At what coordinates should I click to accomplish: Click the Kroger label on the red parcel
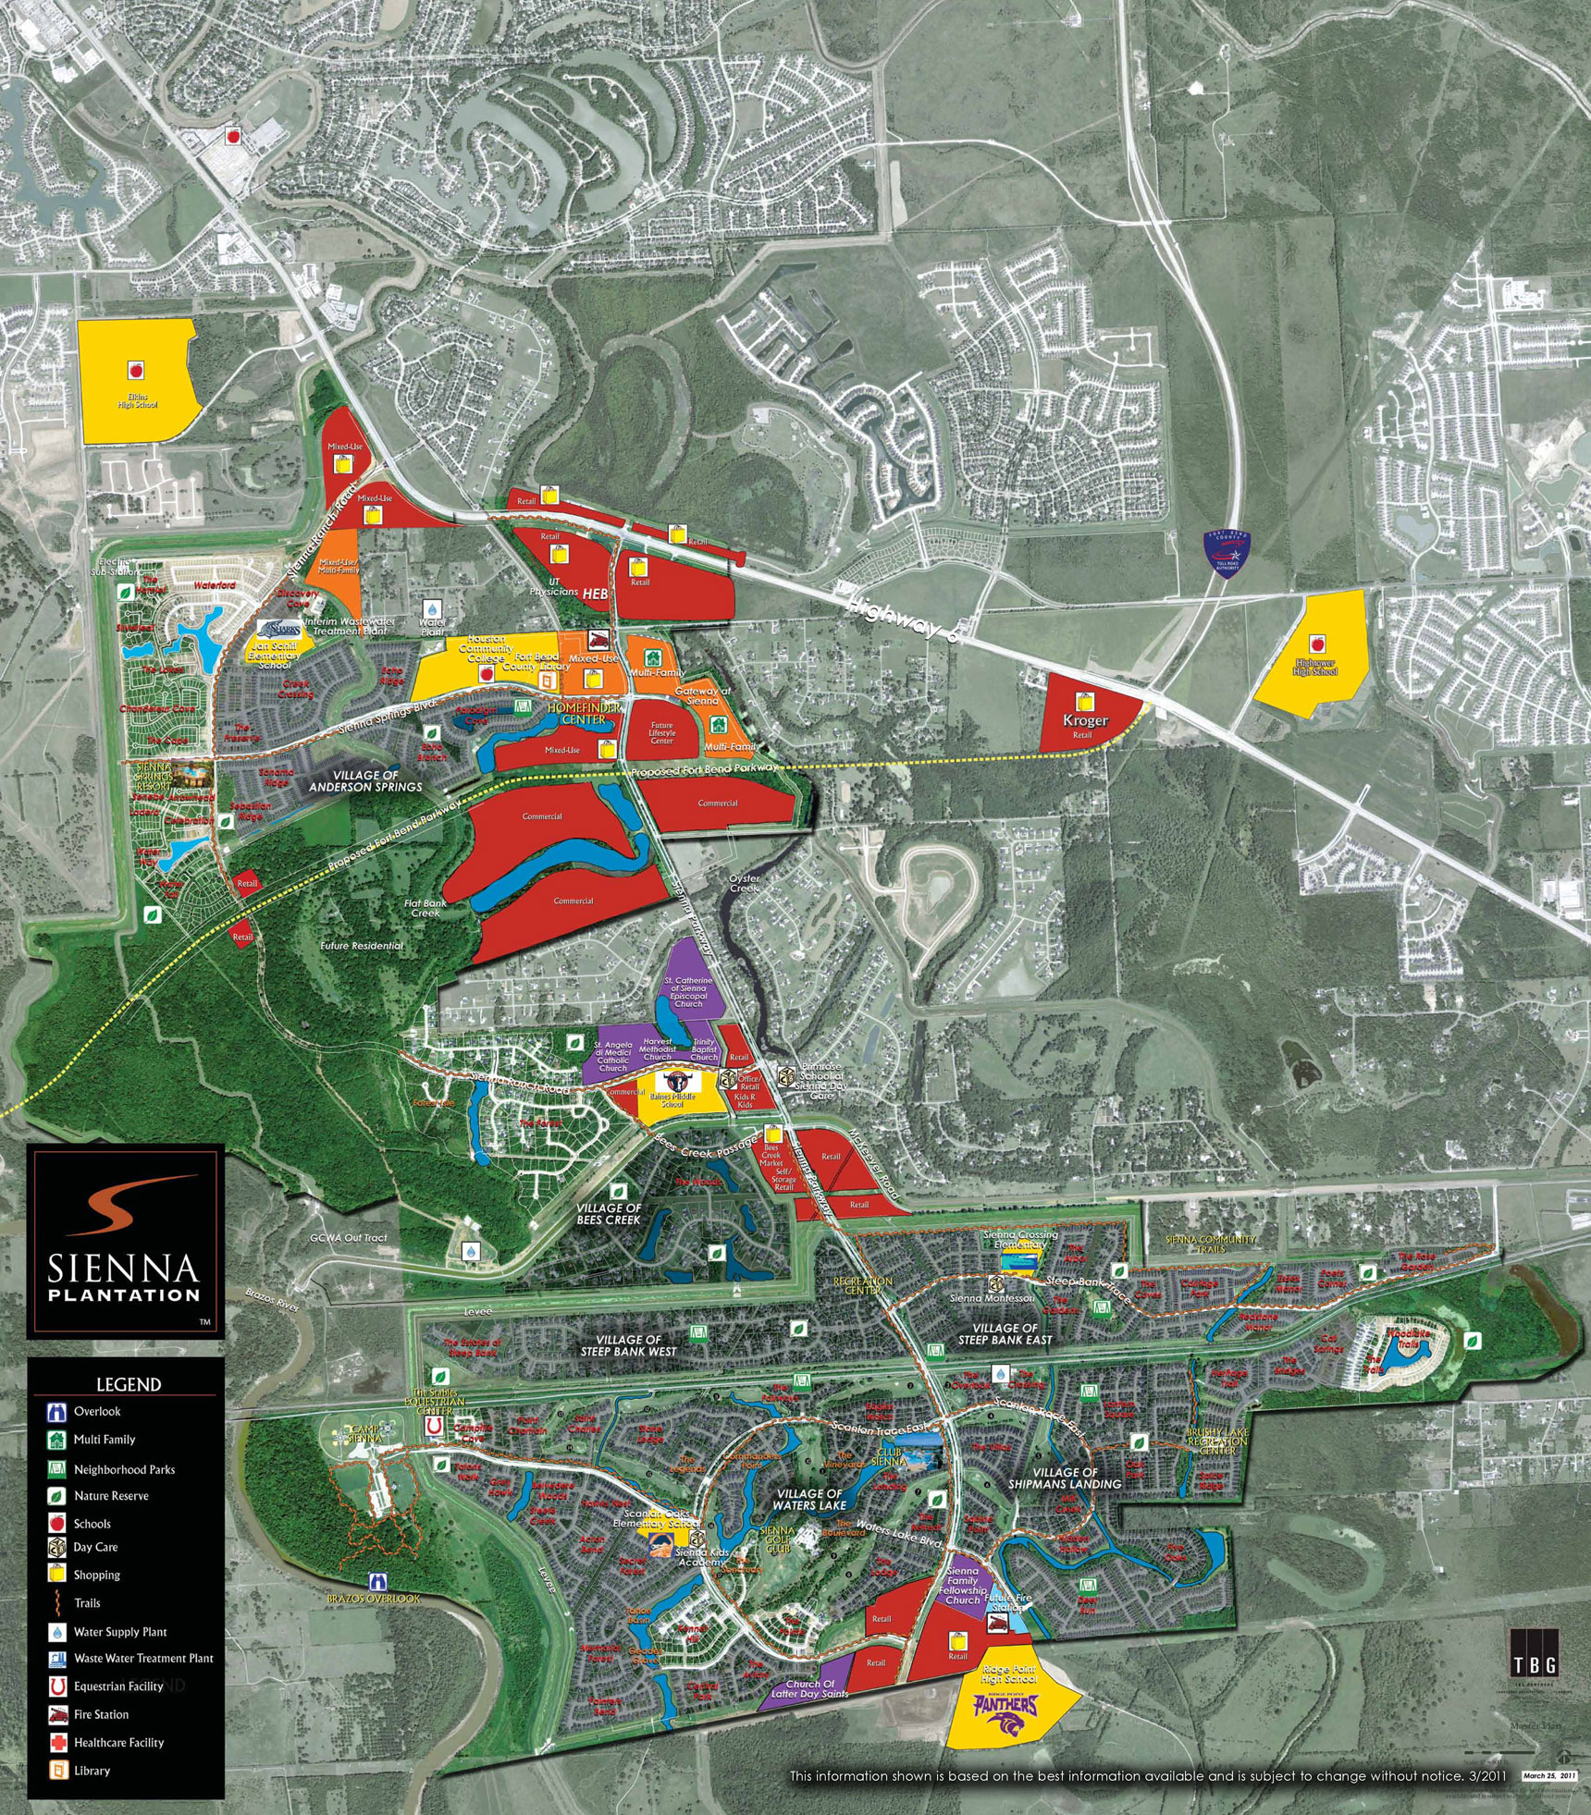[1085, 720]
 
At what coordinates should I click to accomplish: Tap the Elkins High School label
[138, 401]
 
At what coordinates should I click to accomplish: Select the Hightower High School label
[1315, 667]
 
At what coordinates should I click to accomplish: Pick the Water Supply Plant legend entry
[120, 1632]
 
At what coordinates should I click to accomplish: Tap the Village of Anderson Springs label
[365, 781]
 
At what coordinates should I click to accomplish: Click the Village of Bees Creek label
[609, 1214]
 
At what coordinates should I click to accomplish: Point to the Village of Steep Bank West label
[628, 1345]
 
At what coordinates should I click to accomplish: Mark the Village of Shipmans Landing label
[1064, 1478]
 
